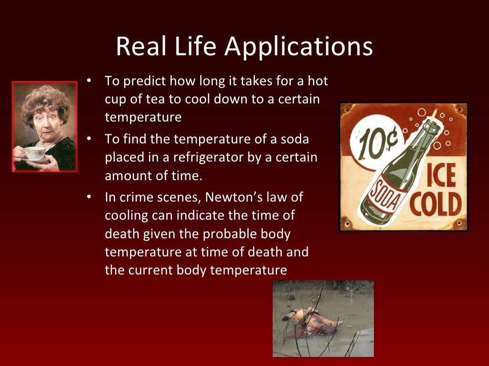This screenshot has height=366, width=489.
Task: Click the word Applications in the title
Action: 298,47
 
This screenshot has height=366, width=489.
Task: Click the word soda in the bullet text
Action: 295,140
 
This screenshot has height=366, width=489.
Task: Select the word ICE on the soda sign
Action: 438,176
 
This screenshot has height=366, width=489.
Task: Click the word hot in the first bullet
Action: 319,81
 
